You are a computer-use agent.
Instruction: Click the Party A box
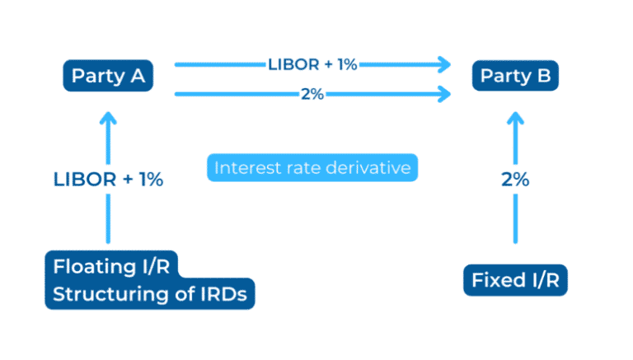pos(108,77)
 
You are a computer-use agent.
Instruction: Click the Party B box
pos(515,77)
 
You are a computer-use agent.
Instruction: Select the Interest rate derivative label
pos(312,168)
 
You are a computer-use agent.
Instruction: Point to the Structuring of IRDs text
pos(149,294)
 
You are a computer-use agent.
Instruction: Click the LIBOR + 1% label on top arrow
pos(312,64)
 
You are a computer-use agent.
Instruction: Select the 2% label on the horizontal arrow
pos(312,94)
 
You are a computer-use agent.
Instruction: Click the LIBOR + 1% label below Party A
pos(108,180)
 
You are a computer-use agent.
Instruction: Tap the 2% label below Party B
pos(515,180)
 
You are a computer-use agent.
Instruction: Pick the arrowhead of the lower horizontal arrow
pos(446,94)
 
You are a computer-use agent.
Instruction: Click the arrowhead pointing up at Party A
pos(108,118)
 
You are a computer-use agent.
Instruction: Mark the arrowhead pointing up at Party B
pos(515,118)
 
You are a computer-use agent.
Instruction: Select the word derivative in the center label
pos(368,168)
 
